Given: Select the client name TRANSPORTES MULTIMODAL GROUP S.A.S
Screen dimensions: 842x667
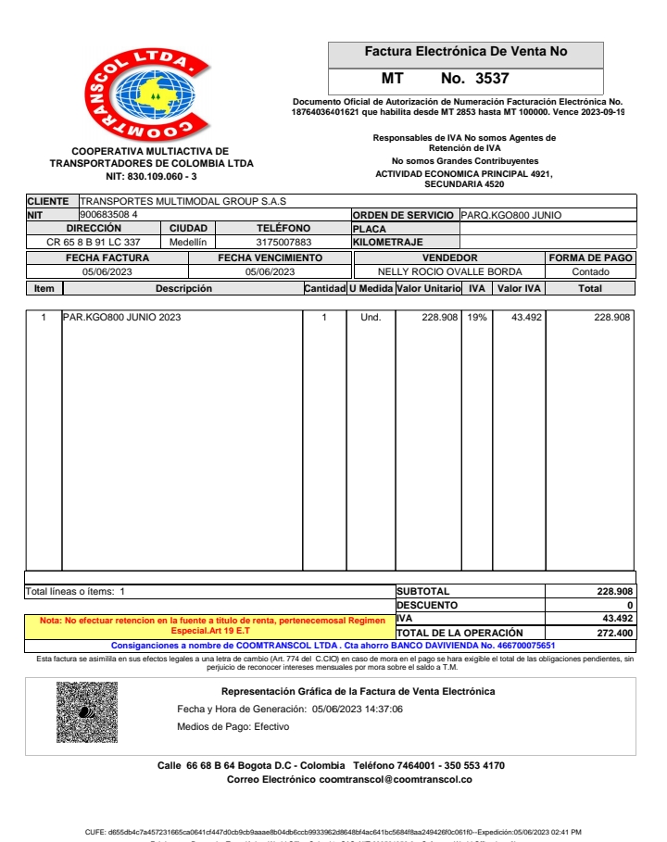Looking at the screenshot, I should click(183, 201).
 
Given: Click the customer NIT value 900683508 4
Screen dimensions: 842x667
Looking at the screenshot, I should click(109, 215).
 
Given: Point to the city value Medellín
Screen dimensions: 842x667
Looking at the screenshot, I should click(188, 243).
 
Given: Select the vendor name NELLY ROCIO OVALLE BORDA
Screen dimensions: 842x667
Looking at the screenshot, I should click(449, 272).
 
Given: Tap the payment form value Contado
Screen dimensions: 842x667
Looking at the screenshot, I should click(590, 272).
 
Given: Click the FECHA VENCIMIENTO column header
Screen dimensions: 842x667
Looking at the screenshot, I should click(270, 258).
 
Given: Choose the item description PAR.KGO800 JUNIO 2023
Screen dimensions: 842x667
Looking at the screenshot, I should click(122, 318).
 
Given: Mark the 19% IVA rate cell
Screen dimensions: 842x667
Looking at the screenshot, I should click(476, 318).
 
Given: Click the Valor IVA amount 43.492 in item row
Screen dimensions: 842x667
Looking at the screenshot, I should click(526, 318).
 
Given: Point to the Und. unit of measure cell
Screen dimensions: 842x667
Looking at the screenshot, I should click(370, 318).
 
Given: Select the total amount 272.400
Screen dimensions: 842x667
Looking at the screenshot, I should click(614, 633).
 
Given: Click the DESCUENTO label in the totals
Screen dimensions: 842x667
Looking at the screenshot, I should click(427, 605).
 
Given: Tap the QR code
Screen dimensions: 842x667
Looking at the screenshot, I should click(86, 711).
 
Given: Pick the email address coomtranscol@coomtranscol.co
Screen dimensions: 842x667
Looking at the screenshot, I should click(396, 780).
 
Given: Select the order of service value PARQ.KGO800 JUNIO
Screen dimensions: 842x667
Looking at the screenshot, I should click(511, 215).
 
